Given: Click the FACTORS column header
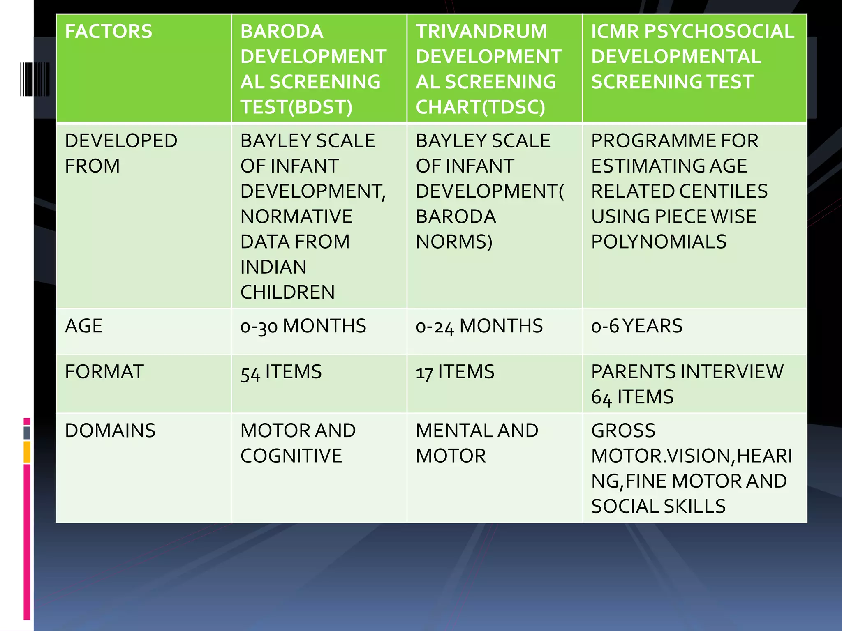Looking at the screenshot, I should point(109,32).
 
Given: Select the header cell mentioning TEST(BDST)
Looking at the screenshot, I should point(313,69).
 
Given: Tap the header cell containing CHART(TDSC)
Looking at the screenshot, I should point(488,69).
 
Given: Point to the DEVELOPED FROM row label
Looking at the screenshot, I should point(121,153).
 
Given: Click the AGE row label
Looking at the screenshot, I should point(84,326).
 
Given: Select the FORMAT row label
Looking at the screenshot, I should point(104,372).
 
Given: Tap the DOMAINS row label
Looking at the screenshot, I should point(110,431).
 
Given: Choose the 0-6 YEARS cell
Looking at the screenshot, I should point(636,326).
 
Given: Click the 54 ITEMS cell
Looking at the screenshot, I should point(281,372).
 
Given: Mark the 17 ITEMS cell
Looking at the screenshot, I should point(455,372).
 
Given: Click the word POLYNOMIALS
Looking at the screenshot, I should point(659,242).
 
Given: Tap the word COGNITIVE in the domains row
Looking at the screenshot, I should point(291,456).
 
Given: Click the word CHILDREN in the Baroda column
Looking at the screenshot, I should point(287,292).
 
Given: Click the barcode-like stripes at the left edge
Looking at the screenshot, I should point(35,79).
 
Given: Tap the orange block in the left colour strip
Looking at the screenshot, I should point(27,452).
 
